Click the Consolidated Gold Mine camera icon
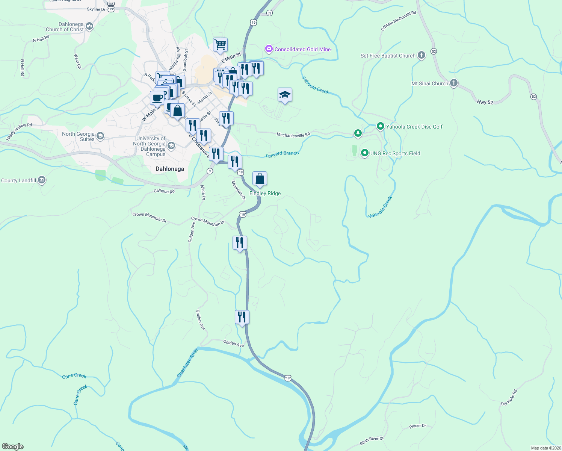[x=269, y=49]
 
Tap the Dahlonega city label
[x=170, y=169]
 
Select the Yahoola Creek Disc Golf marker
[x=380, y=127]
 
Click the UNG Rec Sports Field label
[x=395, y=153]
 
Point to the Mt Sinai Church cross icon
[x=453, y=83]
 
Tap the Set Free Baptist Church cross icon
[x=421, y=56]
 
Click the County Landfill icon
[x=42, y=180]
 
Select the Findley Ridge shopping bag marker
[x=260, y=179]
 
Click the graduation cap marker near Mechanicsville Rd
[x=285, y=95]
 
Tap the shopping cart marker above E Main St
[x=220, y=45]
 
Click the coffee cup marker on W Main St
[x=157, y=98]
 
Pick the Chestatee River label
[x=187, y=363]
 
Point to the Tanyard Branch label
[x=282, y=154]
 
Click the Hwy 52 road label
[x=485, y=102]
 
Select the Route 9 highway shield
[x=210, y=171]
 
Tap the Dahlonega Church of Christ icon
[x=89, y=26]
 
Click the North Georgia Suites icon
[x=100, y=136]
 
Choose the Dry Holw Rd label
[x=509, y=398]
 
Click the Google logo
[x=13, y=446]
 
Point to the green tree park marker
[x=358, y=133]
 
